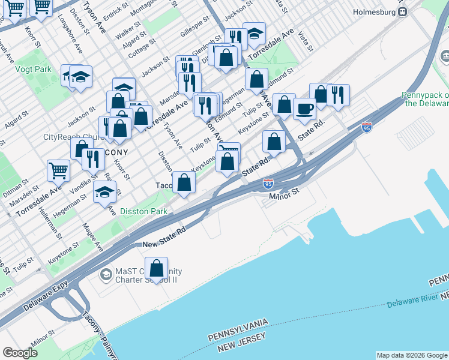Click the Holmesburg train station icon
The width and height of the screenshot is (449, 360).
point(403,11)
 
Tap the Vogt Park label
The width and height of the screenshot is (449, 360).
point(35,70)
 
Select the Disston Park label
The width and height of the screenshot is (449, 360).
point(143,211)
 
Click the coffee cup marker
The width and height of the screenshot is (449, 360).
point(304,109)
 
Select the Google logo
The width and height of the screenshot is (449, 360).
point(20,353)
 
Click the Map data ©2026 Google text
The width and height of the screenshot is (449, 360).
point(411,355)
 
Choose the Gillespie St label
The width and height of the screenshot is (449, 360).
point(194,28)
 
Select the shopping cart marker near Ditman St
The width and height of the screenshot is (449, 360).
point(58,170)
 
